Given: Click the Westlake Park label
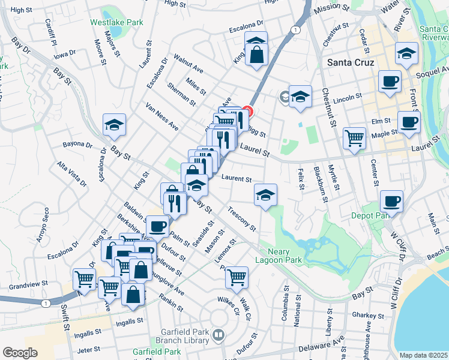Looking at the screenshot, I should pos(116,22).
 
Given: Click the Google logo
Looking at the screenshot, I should pos(20,352).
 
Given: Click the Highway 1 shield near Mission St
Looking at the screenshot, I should pos(295,29).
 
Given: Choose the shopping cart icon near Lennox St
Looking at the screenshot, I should pos(237,277).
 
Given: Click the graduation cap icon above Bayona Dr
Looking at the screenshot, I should pos(114,125).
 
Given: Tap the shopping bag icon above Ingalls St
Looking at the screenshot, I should pos(133,294).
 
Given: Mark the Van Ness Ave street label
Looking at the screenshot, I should pos(162,116).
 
